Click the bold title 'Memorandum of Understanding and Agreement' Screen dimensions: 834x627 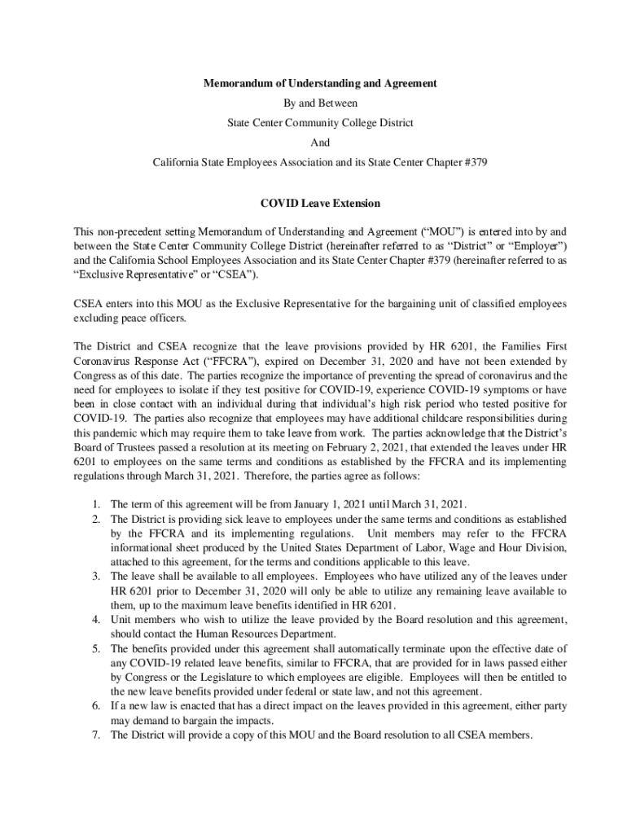(320, 83)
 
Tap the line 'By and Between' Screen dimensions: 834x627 (320, 103)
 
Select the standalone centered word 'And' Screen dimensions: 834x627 (320, 143)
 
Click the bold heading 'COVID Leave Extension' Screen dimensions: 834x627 (320, 202)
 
